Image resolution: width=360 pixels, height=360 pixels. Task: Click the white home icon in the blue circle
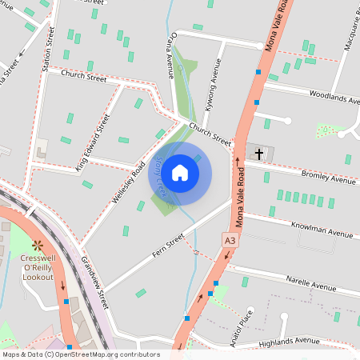tap(180, 172)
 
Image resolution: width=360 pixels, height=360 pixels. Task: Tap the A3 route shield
tap(230, 239)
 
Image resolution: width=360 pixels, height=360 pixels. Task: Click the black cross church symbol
tap(258, 151)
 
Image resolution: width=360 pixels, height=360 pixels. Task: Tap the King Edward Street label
tap(93, 142)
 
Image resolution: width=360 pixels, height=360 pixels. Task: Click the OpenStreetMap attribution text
tap(80, 354)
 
